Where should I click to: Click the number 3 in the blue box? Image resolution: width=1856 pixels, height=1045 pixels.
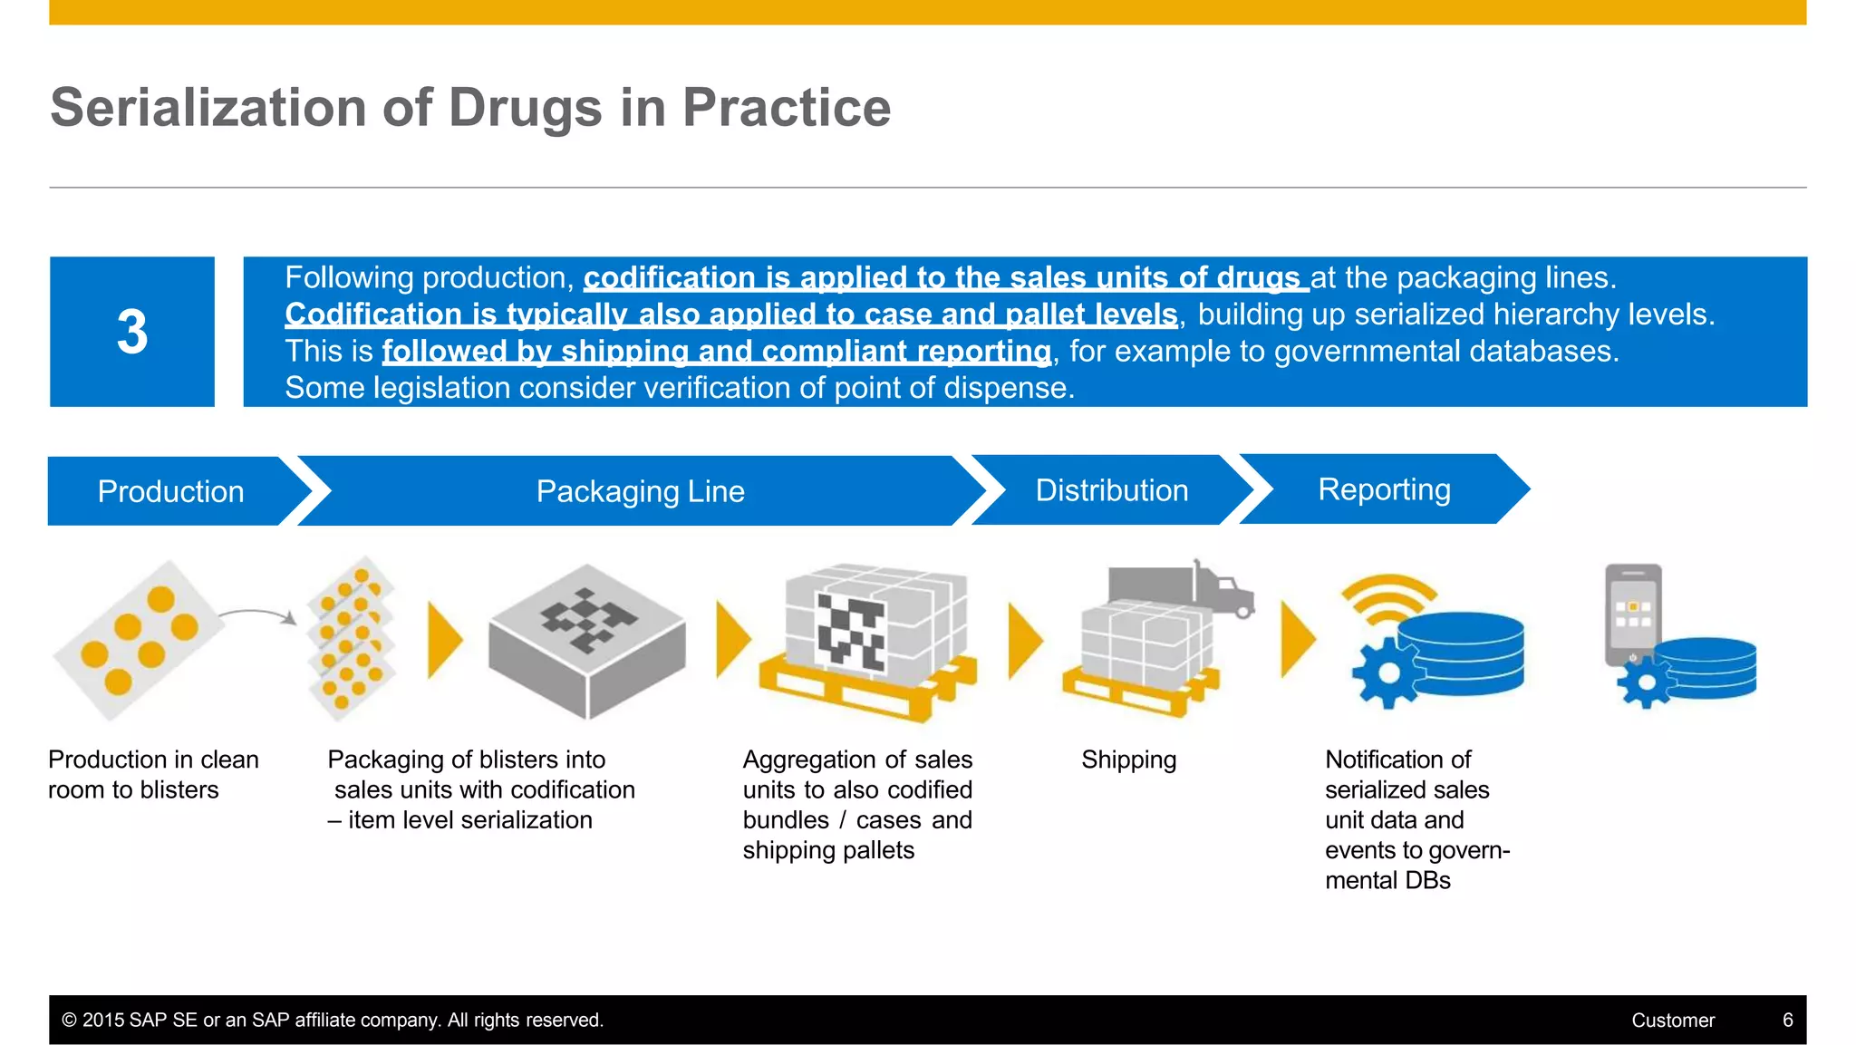[132, 332]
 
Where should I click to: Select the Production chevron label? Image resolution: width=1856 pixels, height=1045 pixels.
[170, 491]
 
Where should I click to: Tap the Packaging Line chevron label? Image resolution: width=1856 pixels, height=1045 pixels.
[640, 491]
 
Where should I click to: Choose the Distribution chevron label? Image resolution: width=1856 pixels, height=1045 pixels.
[1111, 490]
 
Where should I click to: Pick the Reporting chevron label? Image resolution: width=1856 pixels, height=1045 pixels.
[1384, 489]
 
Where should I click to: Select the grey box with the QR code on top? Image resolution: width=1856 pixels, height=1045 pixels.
[586, 639]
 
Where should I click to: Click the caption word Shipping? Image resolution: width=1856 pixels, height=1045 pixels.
[1128, 760]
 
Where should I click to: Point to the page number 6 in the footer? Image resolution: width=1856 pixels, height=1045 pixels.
[1787, 1020]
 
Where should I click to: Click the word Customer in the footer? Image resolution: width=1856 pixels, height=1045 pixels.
[1673, 1020]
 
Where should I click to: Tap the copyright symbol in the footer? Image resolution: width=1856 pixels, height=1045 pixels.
[69, 1020]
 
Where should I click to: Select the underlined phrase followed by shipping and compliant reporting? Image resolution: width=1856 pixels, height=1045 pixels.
[716, 352]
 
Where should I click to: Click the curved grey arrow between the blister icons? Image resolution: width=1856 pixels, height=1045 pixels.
[259, 615]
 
